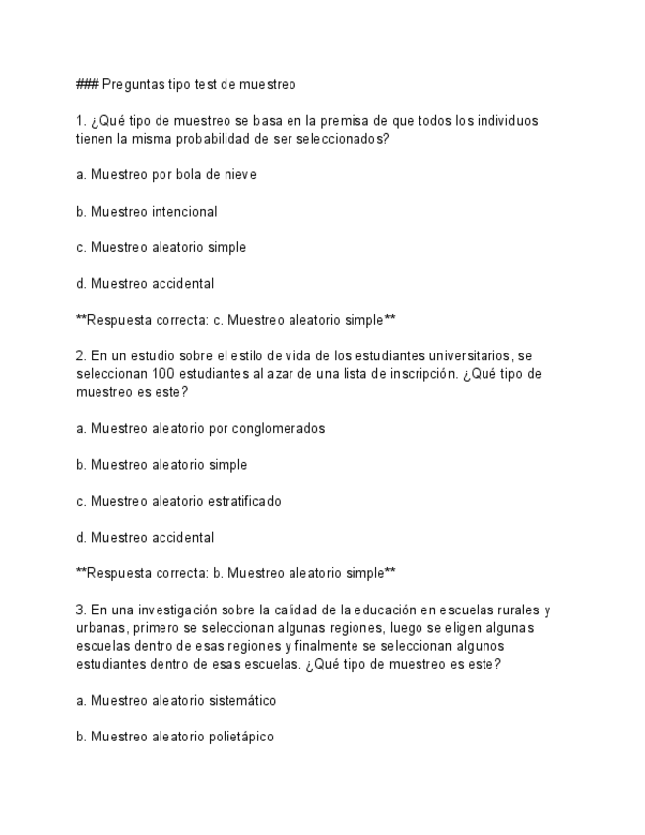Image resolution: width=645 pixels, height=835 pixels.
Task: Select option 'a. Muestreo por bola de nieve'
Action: click(166, 175)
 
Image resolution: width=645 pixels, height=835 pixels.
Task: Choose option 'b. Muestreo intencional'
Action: click(147, 211)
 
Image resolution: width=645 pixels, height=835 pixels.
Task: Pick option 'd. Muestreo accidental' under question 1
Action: click(145, 284)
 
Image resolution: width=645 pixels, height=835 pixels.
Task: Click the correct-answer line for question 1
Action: click(235, 320)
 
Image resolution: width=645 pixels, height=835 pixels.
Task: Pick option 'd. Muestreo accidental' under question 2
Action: click(145, 538)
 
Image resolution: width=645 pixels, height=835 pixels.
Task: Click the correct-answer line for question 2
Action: click(235, 573)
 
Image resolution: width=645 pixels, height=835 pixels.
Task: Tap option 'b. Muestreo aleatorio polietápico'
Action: click(174, 737)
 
